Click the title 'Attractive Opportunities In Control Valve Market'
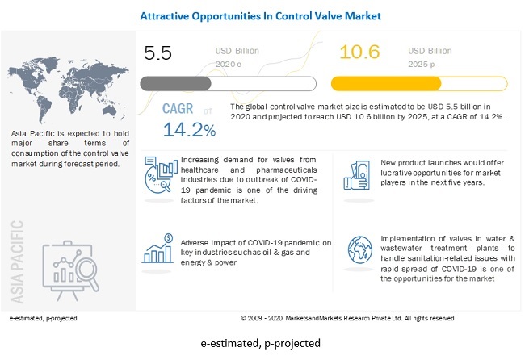click(x=261, y=15)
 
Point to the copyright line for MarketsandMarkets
click(x=347, y=318)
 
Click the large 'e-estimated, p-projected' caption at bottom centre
click(x=262, y=343)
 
